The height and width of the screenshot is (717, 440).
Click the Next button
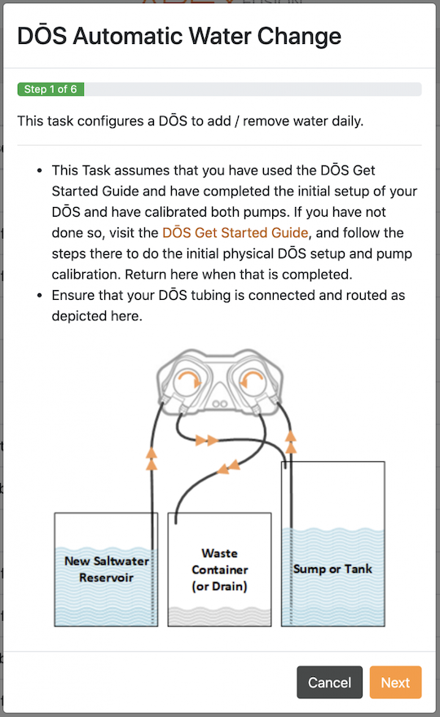pos(395,682)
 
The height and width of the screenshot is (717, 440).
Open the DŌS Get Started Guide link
pos(235,233)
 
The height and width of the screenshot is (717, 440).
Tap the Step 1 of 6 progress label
pos(51,89)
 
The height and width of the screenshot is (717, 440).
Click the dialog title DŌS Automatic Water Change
pos(179,36)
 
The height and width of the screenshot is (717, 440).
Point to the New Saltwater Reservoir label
pos(106,570)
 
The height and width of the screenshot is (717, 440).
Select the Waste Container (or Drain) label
pos(219,570)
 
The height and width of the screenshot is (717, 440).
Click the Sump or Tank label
pos(332,569)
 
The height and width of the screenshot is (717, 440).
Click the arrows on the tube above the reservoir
pos(152,459)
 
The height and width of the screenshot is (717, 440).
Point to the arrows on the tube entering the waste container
pos(228,467)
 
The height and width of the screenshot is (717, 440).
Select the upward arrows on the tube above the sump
pos(290,442)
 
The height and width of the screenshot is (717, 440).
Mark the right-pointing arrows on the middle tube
pos(207,440)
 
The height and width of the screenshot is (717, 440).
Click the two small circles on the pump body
pos(219,404)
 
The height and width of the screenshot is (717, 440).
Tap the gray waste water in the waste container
pos(219,617)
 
